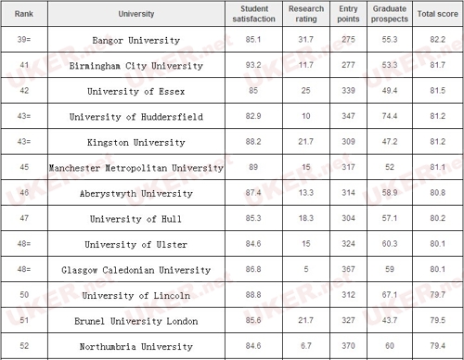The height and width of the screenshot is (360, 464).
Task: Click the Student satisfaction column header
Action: pyautogui.click(x=249, y=14)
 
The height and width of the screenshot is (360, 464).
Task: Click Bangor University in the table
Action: pyautogui.click(x=135, y=41)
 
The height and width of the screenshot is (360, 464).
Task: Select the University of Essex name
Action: pyautogui.click(x=135, y=92)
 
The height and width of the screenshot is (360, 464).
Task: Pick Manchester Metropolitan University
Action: pyautogui.click(x=135, y=168)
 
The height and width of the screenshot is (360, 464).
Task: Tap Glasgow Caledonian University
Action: pyautogui.click(x=135, y=270)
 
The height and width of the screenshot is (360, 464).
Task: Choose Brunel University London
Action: pyautogui.click(x=135, y=321)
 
